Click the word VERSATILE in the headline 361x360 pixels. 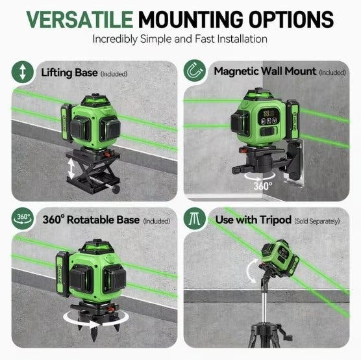coord(80,19)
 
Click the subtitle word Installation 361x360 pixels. coord(242,39)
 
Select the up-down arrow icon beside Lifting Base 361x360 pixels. coord(22,72)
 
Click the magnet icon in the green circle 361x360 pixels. coord(195,71)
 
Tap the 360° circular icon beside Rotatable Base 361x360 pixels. coord(22,218)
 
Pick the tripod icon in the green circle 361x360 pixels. coord(195,218)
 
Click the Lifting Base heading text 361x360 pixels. coord(69,73)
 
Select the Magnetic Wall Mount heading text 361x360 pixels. coord(265,71)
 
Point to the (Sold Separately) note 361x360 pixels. coord(317,221)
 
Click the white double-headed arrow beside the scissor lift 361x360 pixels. coord(71,169)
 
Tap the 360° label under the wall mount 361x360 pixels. coord(263,186)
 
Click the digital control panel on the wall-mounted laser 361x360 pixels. coord(268,117)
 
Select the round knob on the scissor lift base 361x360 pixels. coord(116,189)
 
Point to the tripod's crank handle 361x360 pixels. coord(286,333)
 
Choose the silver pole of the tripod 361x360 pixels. coord(264,306)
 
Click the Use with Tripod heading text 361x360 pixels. coord(253,220)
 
